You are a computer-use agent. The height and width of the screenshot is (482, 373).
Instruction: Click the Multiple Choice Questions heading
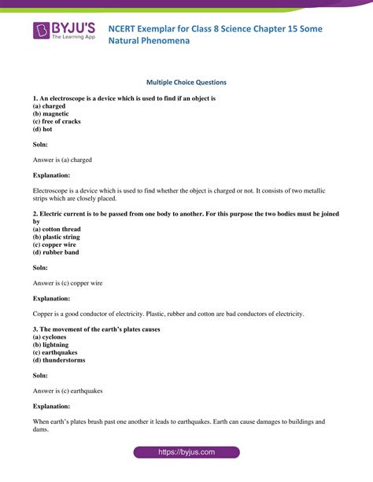(x=186, y=82)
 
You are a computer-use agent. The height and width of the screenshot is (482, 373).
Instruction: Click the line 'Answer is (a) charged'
(x=62, y=160)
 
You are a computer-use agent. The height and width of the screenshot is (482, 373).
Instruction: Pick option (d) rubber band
(x=56, y=252)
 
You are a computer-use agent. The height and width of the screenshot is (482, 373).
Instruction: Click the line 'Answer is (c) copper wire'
(x=68, y=283)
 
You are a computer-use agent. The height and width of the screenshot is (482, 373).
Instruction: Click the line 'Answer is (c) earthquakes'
(x=68, y=391)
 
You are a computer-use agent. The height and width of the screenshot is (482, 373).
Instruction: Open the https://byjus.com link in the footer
(x=186, y=453)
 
